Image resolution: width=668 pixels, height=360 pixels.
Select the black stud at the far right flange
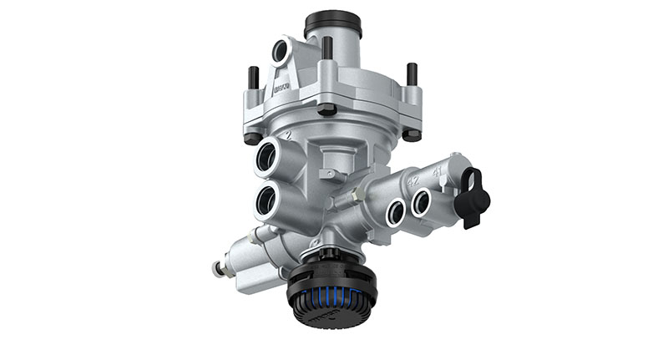(412, 76)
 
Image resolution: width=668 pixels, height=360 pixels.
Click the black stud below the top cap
(327, 48)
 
